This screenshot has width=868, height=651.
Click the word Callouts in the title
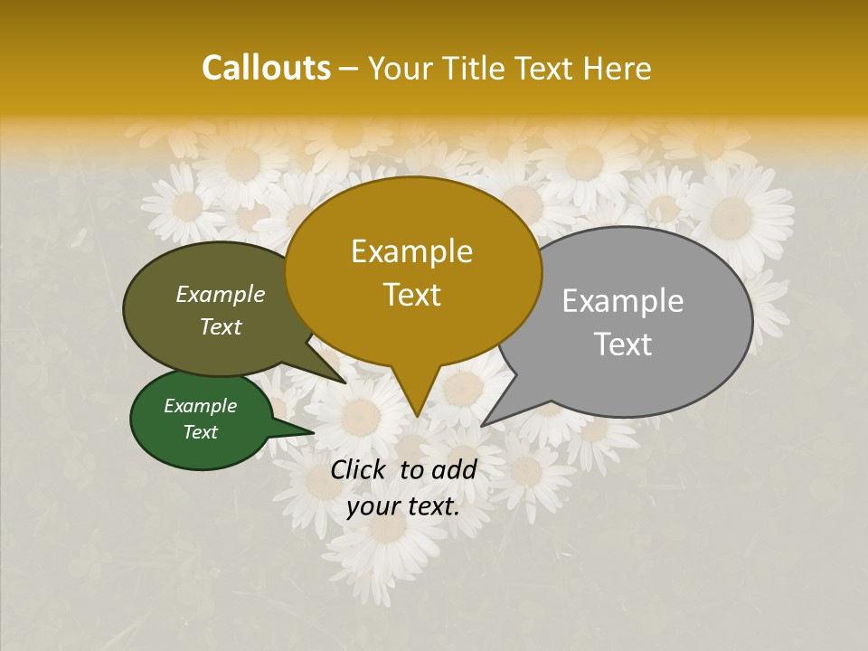point(266,68)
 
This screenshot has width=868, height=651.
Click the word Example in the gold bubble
point(411,251)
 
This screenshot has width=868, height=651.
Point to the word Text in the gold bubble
point(411,295)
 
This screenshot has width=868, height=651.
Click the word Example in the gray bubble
point(623,301)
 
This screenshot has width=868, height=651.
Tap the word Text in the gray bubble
point(623,344)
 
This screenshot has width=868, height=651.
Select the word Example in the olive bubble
point(221,294)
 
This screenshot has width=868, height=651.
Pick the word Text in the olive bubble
point(221,326)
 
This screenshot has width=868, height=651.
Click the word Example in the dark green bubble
point(201,406)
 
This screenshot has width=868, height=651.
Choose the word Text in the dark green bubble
point(201,431)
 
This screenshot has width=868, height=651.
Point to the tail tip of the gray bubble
point(482,425)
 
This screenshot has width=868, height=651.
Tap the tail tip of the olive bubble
point(345,382)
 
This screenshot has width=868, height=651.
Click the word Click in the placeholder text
point(360,469)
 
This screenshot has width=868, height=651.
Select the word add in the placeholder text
point(454,469)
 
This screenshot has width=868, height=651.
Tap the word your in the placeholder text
point(372,507)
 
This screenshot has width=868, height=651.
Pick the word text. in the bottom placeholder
point(429,507)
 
